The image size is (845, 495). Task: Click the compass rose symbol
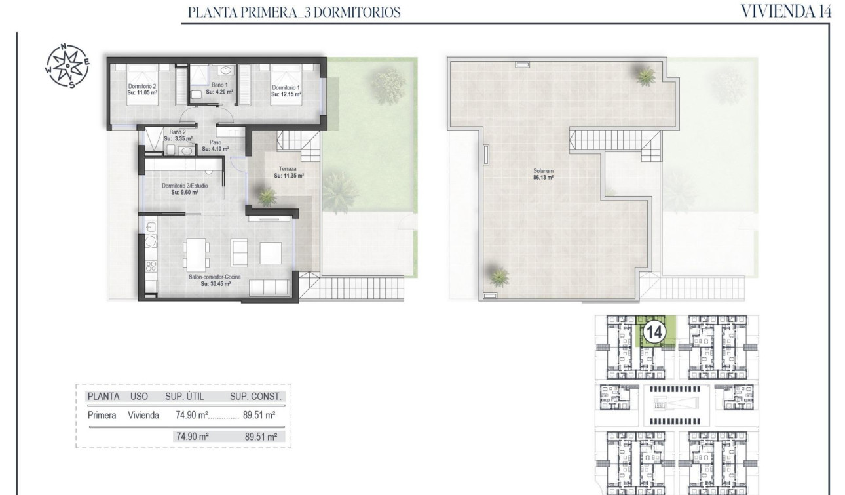click(68, 66)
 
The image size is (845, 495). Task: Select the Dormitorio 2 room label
click(142, 87)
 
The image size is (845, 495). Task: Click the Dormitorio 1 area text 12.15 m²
click(286, 94)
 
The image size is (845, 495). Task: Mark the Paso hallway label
click(215, 142)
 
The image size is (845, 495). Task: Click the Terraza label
click(288, 169)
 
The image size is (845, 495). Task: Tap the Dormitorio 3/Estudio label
click(185, 186)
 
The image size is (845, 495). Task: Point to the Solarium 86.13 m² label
click(544, 174)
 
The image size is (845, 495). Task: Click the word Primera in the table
click(102, 414)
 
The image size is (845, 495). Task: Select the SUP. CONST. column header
click(255, 396)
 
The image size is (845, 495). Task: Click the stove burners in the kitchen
click(150, 266)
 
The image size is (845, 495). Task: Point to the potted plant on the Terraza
click(267, 195)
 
